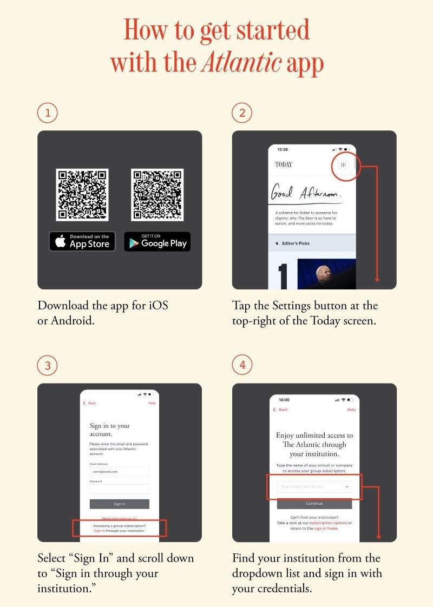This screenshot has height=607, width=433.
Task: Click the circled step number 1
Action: pos(48,113)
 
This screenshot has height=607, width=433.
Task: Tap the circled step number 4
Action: pos(242,365)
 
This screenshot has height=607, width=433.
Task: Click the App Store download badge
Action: pos(82,241)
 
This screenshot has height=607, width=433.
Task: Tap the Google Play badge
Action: pos(157,241)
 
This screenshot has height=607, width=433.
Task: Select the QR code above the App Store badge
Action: pos(82,195)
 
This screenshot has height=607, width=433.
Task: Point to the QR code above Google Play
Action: pos(157,195)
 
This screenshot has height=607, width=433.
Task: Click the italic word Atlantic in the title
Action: pos(241,63)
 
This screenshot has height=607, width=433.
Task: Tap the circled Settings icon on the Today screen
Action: pos(343,164)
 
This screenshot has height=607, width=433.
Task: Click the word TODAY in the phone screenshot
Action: pos(284,164)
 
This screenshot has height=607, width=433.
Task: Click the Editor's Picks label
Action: pos(296,243)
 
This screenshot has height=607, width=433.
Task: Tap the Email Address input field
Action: pos(119,472)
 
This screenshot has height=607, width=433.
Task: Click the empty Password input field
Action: pos(119,489)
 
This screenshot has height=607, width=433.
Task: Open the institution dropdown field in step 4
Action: pos(314,487)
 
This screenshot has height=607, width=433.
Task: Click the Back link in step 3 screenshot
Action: pos(90,403)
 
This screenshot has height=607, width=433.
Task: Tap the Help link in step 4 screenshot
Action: pos(351,410)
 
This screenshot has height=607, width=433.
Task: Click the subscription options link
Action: pos(328,523)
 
